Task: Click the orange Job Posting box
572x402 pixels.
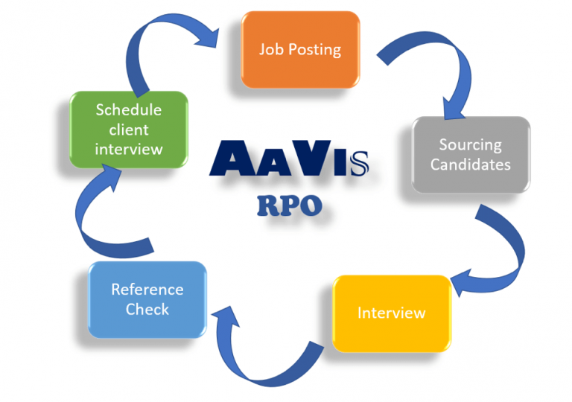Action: tap(299, 51)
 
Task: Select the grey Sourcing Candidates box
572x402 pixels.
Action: tap(471, 154)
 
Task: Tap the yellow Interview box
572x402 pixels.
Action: tap(392, 313)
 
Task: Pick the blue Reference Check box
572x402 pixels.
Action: tap(147, 299)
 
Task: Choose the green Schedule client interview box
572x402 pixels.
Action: tap(128, 130)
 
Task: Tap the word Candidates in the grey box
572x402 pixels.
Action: tap(471, 164)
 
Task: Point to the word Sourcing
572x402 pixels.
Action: tap(471, 145)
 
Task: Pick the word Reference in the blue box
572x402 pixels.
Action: tap(147, 289)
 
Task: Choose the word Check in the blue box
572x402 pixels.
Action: tap(147, 308)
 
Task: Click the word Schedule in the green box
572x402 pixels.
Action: tap(128, 110)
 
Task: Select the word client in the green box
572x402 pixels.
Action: tap(128, 130)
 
